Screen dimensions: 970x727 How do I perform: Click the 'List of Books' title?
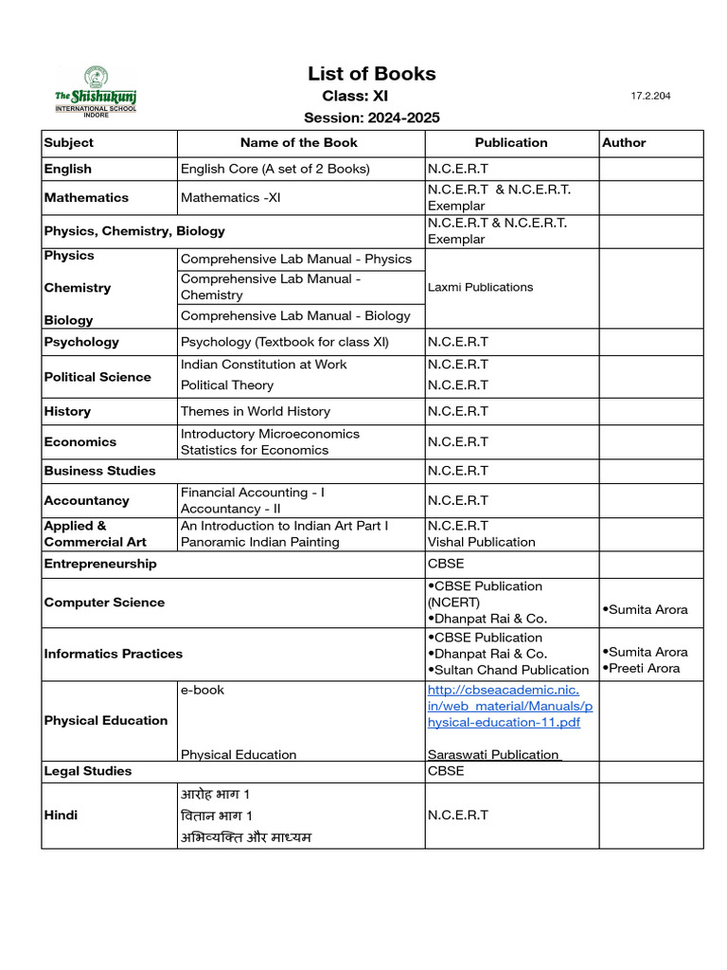tap(371, 74)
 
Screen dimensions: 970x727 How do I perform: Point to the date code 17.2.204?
tap(650, 97)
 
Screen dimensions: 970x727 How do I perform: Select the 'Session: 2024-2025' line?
tap(371, 117)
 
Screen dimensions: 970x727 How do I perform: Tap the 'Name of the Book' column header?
tap(299, 143)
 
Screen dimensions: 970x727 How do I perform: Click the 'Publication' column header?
tap(511, 143)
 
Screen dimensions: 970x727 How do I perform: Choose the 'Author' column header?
tap(624, 143)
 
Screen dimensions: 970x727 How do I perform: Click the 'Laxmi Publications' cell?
tap(480, 287)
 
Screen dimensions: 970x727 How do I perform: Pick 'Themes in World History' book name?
tap(255, 411)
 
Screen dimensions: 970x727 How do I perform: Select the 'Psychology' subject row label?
tap(81, 342)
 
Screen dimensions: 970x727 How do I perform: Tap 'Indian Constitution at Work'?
tap(263, 365)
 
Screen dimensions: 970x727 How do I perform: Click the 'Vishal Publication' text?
tap(481, 542)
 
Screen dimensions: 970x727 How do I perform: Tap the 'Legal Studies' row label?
tap(88, 771)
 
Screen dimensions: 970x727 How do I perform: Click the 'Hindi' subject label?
tap(61, 815)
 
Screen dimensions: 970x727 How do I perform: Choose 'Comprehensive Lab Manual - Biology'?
tap(295, 315)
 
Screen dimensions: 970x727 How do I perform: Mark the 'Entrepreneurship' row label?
tap(100, 564)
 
